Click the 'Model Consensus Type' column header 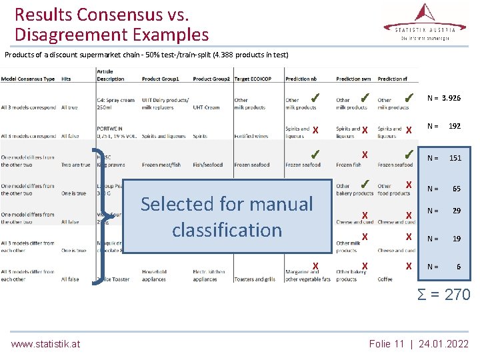(x=27, y=79)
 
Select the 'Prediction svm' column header (x=353, y=79)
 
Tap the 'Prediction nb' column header (x=301, y=79)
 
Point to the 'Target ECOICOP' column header (x=252, y=79)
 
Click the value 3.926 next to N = (x=451, y=98)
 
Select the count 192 (x=455, y=126)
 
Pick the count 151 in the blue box (x=455, y=158)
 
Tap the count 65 (x=457, y=189)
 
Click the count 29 (x=457, y=211)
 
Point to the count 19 (x=457, y=238)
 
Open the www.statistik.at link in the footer (x=45, y=344)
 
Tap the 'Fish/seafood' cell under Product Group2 (x=207, y=165)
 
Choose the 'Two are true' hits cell (x=75, y=165)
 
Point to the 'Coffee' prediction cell (x=385, y=279)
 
